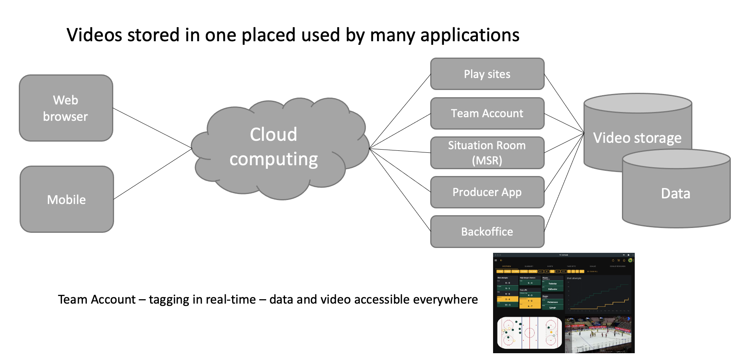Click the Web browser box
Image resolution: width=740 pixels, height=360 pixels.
[66, 108]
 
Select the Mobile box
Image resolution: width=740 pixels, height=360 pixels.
[67, 199]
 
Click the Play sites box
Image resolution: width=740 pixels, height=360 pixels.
[487, 74]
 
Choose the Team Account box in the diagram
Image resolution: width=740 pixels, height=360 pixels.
[487, 113]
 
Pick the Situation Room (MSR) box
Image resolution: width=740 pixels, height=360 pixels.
[487, 153]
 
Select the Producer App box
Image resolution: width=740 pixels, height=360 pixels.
[487, 192]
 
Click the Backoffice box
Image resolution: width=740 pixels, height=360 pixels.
[487, 232]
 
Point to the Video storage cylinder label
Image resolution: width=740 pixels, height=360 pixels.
[637, 138]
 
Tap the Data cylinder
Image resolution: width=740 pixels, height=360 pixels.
[676, 194]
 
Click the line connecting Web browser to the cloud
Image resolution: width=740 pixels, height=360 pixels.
[152, 128]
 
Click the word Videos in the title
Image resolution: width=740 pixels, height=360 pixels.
[94, 35]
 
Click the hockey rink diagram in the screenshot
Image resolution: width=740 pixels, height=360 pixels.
[529, 333]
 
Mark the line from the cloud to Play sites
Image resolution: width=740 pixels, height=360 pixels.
[400, 111]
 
